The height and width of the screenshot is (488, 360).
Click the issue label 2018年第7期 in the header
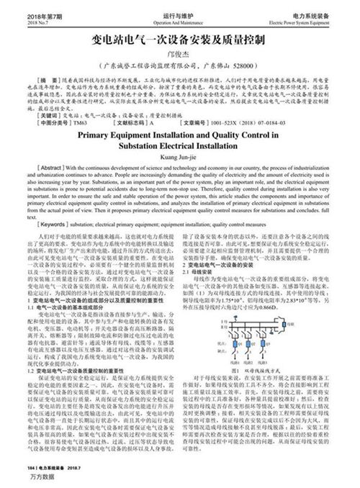click(24, 14)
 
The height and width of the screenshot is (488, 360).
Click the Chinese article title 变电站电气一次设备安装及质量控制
click(179, 39)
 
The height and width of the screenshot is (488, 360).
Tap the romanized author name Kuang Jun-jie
click(179, 162)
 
